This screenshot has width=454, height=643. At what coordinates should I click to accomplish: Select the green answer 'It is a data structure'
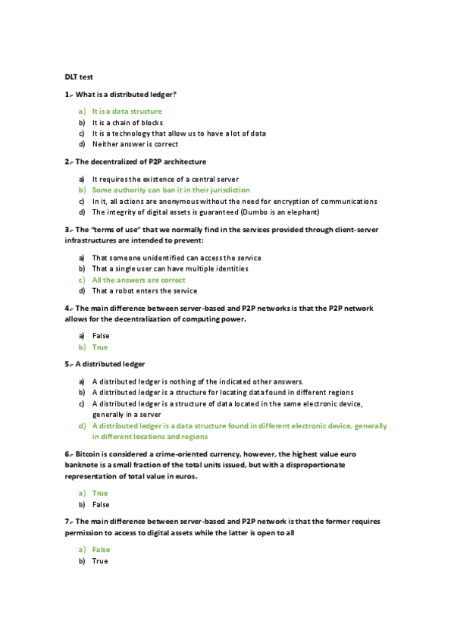(127, 111)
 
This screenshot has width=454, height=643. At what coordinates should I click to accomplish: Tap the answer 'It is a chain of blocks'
(127, 122)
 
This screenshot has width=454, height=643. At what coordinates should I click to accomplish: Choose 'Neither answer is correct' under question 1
(135, 144)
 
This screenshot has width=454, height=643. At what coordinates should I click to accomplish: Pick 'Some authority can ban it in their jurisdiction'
(171, 190)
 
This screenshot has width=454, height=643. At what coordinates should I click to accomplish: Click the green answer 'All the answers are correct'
(139, 280)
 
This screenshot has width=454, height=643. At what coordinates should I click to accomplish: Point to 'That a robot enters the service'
(145, 290)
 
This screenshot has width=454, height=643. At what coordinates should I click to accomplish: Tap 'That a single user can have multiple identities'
(170, 268)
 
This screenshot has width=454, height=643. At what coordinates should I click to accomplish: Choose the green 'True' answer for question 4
(100, 347)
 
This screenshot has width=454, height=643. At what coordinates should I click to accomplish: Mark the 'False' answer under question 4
(101, 335)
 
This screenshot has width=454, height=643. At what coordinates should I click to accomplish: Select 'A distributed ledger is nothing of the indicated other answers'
(197, 381)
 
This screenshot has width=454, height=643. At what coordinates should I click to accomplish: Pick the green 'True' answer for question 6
(100, 493)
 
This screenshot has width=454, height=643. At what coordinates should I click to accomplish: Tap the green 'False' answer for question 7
(101, 550)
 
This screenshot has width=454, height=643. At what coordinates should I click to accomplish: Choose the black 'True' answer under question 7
(100, 561)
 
